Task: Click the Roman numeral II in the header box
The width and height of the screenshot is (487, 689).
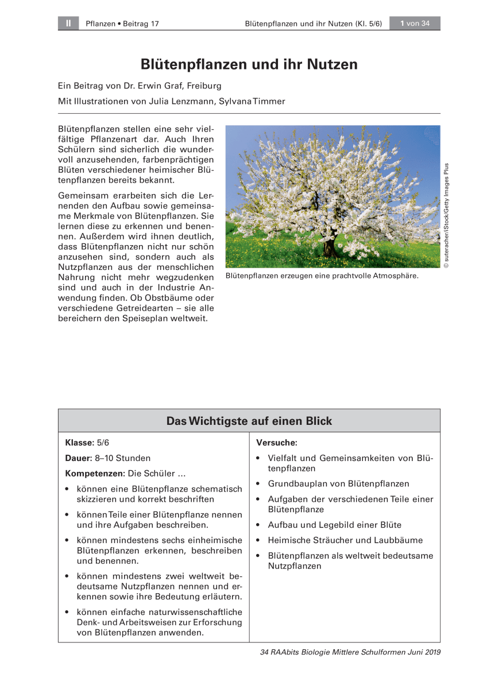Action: tap(68, 24)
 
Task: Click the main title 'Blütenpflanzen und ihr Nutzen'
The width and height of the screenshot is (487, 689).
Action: tap(249, 64)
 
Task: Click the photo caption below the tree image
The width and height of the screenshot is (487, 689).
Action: tap(322, 276)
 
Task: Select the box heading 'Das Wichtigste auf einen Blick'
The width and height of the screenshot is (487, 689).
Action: tap(249, 421)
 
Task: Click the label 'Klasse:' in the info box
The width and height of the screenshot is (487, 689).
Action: tap(80, 443)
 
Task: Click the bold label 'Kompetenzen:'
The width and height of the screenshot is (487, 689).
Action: tap(95, 474)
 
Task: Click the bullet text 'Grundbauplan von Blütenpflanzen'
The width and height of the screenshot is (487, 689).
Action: tap(338, 484)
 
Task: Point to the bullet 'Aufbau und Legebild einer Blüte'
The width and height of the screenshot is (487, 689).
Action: tap(334, 525)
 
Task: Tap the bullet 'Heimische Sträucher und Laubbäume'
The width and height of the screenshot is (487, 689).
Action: tap(345, 540)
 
